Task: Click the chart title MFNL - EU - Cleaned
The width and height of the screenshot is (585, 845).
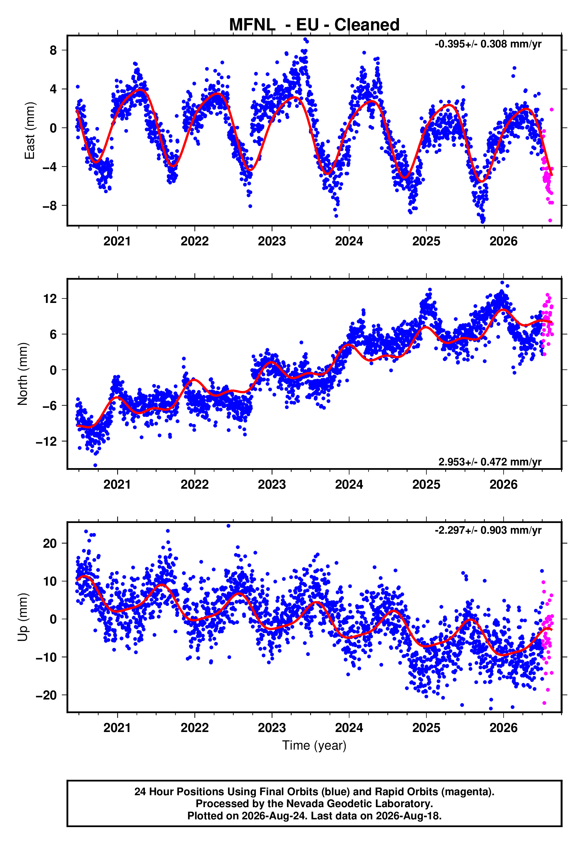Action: point(314,25)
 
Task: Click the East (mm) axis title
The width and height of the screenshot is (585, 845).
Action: point(30,131)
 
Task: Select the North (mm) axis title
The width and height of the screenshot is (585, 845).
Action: point(23,374)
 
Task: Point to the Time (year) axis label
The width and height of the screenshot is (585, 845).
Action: point(314,745)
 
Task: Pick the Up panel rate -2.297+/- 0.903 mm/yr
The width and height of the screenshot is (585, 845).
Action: point(488,530)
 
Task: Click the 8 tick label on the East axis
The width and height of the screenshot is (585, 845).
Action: point(53,50)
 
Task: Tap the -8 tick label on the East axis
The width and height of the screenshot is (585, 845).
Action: point(50,205)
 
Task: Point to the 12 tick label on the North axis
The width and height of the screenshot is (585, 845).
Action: point(50,299)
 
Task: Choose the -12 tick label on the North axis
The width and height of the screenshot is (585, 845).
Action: point(47,442)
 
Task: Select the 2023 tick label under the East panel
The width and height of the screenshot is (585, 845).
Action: point(272,241)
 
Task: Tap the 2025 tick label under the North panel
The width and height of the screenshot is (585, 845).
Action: point(426,485)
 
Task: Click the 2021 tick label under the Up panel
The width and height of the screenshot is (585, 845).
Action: point(117,728)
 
